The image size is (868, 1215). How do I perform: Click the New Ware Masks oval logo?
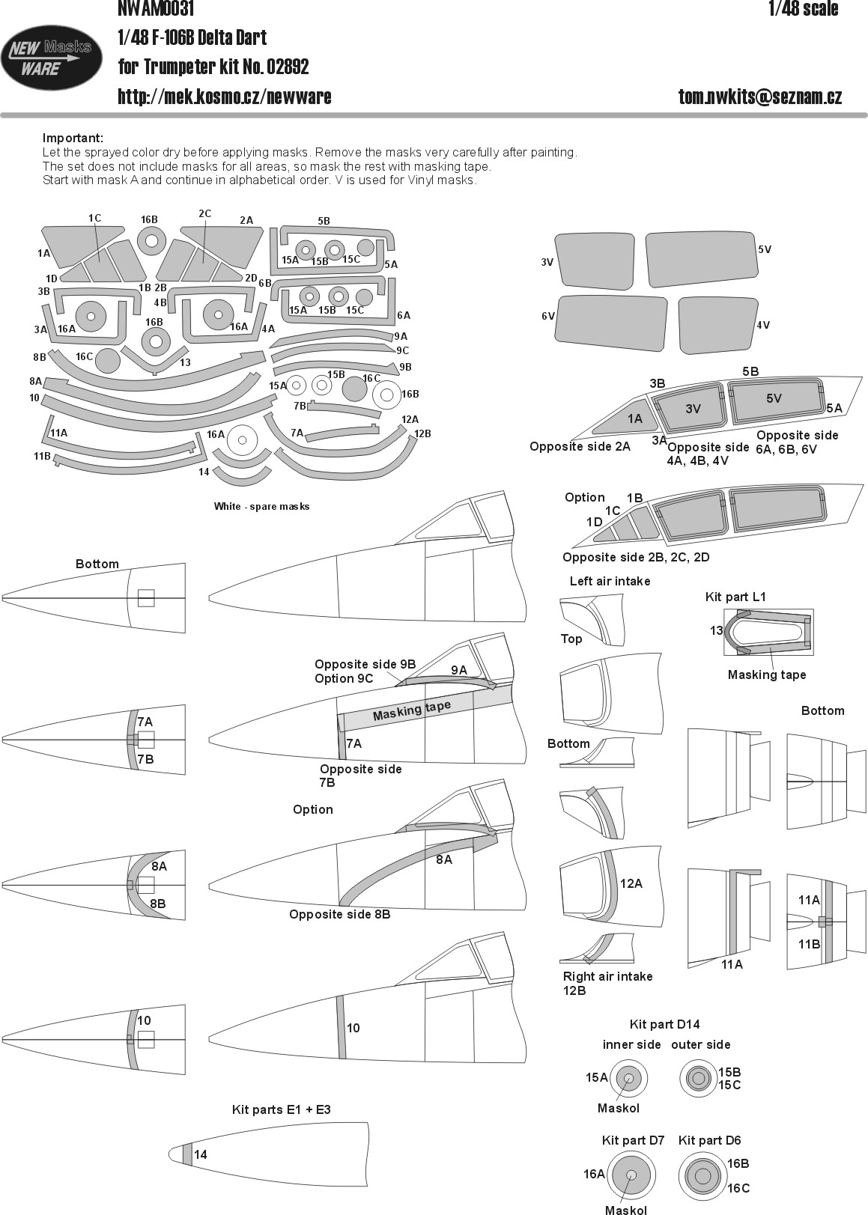(51, 58)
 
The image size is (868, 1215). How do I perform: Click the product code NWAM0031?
(155, 9)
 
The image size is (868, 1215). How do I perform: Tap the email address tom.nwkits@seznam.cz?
(760, 97)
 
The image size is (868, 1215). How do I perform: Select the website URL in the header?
(225, 97)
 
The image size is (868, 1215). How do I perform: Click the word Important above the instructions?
(73, 138)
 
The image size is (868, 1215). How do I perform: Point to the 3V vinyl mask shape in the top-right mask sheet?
(595, 261)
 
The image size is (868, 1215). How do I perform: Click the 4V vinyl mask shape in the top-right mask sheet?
(717, 325)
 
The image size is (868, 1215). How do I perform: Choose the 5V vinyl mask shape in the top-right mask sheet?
(700, 259)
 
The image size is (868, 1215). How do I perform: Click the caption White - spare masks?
(261, 506)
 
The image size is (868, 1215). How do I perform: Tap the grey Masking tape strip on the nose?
(425, 706)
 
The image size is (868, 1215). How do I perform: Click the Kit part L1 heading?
(735, 597)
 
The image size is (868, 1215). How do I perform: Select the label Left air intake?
(610, 581)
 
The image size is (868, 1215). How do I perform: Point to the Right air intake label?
(607, 976)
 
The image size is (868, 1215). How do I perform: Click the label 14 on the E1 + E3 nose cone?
(200, 1154)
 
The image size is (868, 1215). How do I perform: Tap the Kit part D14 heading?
(664, 1024)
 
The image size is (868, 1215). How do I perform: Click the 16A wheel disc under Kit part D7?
(631, 1175)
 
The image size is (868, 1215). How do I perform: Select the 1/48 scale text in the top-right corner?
(803, 9)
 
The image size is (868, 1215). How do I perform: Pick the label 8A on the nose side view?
(444, 859)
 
